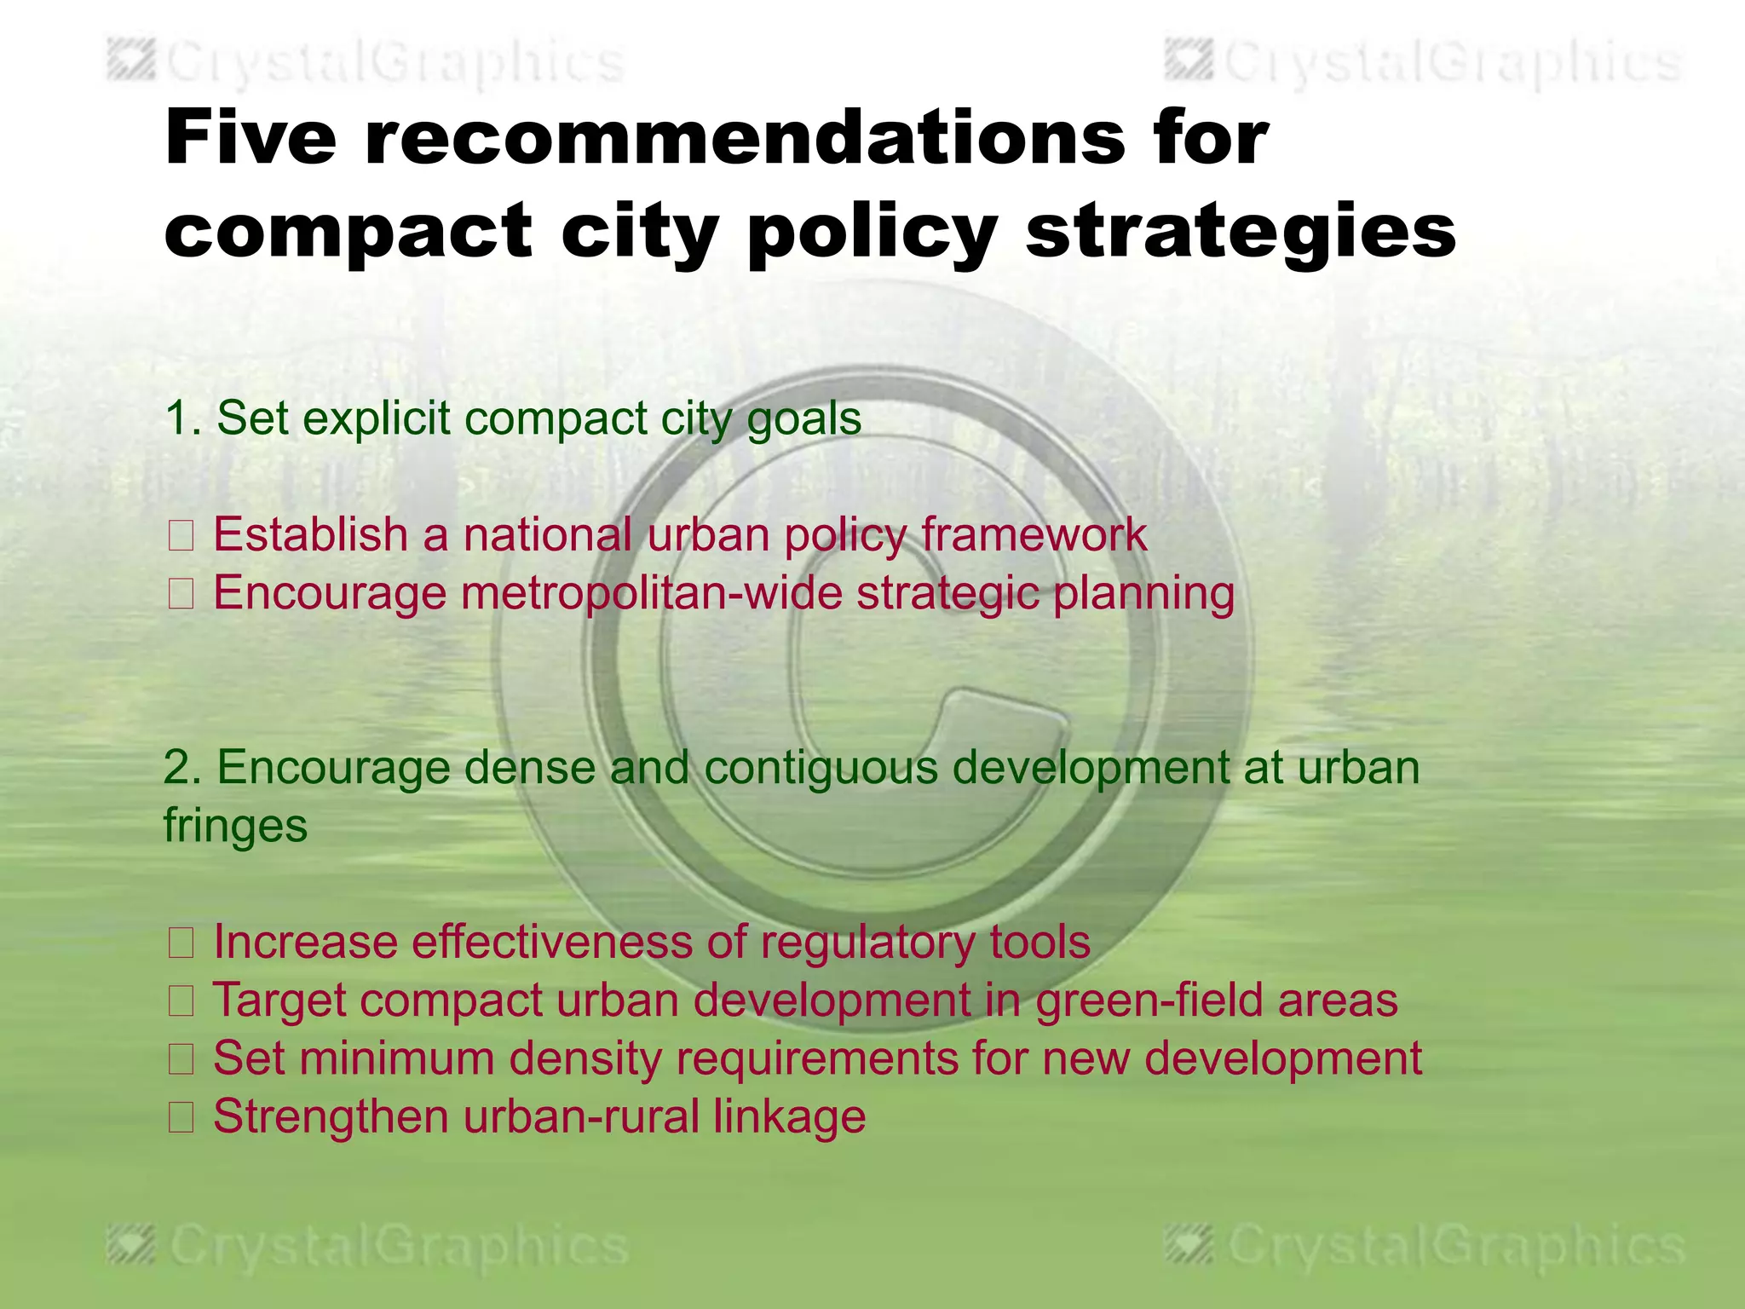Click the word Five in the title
pyautogui.click(x=251, y=138)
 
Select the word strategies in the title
pyautogui.click(x=1241, y=232)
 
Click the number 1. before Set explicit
pyautogui.click(x=183, y=418)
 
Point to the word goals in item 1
pyautogui.click(x=803, y=420)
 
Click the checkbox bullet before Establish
pyautogui.click(x=181, y=536)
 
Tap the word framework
pyautogui.click(x=1034, y=535)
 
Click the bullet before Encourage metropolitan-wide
pyautogui.click(x=181, y=594)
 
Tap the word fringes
pyautogui.click(x=235, y=827)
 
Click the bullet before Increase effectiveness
pyautogui.click(x=181, y=943)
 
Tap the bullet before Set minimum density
pyautogui.click(x=181, y=1059)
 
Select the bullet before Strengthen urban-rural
pyautogui.click(x=181, y=1117)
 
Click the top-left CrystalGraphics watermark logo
pyautogui.click(x=133, y=61)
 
